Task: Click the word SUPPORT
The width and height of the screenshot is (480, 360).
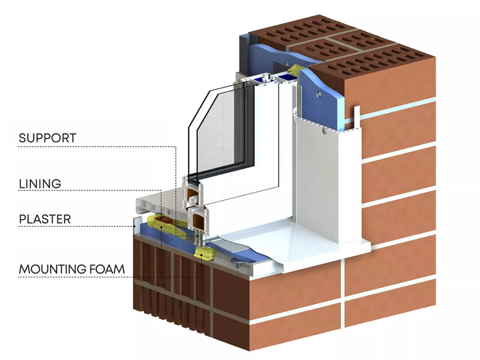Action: coord(47,138)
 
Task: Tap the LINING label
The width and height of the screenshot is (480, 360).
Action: coord(40,183)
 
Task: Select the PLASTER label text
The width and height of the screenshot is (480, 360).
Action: coord(45,219)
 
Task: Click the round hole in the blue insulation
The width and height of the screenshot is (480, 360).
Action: coord(319,95)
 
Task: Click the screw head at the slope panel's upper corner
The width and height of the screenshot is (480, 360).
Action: coord(295,112)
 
